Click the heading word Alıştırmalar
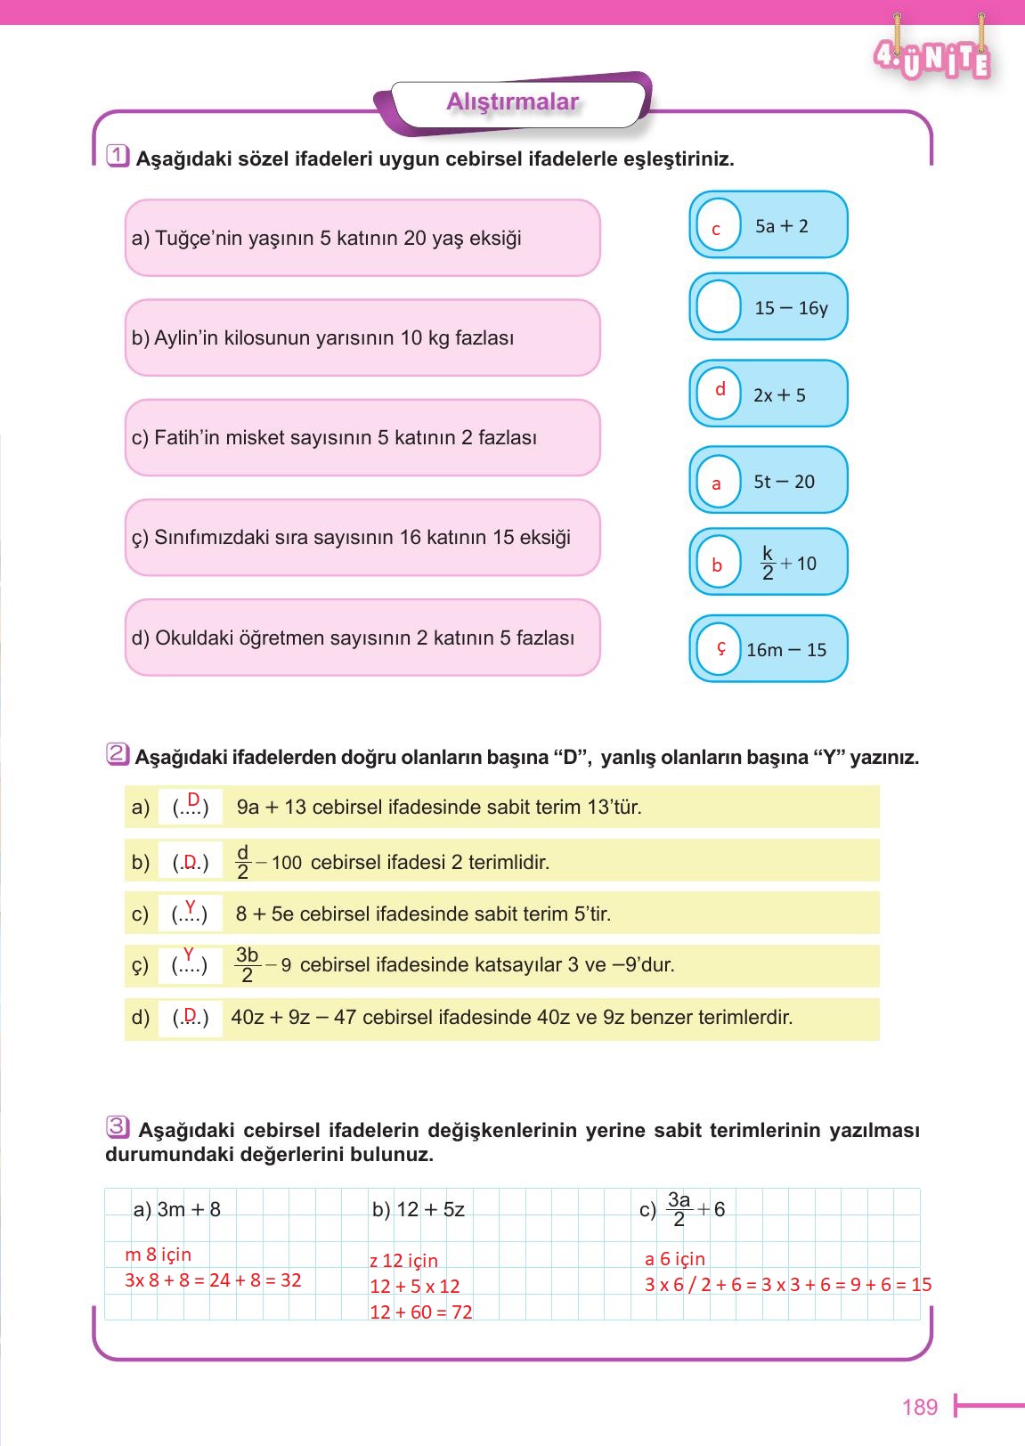click(x=512, y=102)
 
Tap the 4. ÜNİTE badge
click(x=932, y=59)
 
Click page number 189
click(x=920, y=1407)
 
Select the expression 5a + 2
click(x=781, y=226)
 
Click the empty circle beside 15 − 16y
click(x=718, y=306)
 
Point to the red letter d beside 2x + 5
click(x=720, y=390)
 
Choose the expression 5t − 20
click(x=784, y=482)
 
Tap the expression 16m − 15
click(x=785, y=650)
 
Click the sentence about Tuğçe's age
click(x=327, y=238)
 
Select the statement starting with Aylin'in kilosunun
click(x=323, y=338)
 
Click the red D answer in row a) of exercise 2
click(x=192, y=800)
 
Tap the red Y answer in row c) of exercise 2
click(x=190, y=906)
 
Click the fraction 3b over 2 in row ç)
click(x=247, y=965)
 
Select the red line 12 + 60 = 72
click(x=420, y=1312)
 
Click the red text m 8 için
click(x=158, y=1255)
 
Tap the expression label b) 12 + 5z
click(x=418, y=1209)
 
